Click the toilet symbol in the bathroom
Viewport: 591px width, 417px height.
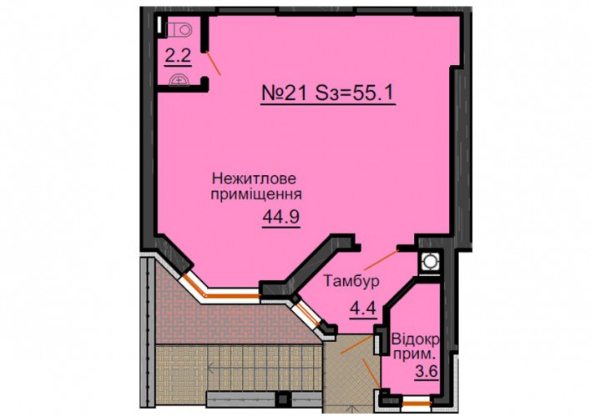tap(178, 29)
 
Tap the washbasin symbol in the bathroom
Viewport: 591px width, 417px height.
tap(179, 80)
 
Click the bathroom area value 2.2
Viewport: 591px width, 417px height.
tap(178, 57)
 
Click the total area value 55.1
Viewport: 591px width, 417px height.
tap(373, 93)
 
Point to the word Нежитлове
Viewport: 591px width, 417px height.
tap(255, 178)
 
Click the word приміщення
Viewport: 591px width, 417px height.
tap(256, 195)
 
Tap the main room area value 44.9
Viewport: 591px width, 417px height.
tap(281, 217)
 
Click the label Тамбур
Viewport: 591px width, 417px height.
tap(351, 281)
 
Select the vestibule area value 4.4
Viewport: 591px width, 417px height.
tap(363, 309)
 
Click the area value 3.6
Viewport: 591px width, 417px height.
tap(427, 371)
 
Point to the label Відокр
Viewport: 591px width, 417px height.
tap(416, 340)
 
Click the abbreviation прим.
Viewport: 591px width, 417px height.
tap(415, 354)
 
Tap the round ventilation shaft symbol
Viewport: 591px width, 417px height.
tap(429, 261)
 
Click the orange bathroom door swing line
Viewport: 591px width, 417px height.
tap(214, 63)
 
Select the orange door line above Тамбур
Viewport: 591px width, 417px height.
tap(381, 260)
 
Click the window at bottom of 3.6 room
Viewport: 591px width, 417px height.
tap(416, 404)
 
